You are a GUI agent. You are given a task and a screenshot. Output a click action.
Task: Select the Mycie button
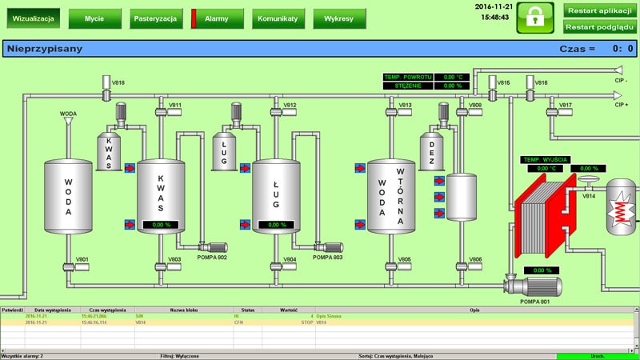click(x=94, y=18)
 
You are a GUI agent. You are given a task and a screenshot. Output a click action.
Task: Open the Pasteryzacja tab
click(x=155, y=18)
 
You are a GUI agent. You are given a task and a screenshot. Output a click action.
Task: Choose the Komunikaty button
click(x=278, y=18)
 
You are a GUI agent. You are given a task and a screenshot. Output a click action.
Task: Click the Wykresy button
click(x=339, y=18)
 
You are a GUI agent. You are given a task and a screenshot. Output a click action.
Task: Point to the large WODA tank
click(x=69, y=195)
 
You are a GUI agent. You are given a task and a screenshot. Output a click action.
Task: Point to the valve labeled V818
click(x=106, y=94)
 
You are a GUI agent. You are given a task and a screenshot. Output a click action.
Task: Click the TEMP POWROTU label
click(x=407, y=77)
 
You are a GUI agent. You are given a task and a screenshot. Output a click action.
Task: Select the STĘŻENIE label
click(x=407, y=86)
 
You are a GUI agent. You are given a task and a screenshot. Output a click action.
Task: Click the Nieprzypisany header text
click(x=45, y=49)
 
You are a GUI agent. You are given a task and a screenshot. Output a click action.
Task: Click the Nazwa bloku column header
click(x=183, y=310)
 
